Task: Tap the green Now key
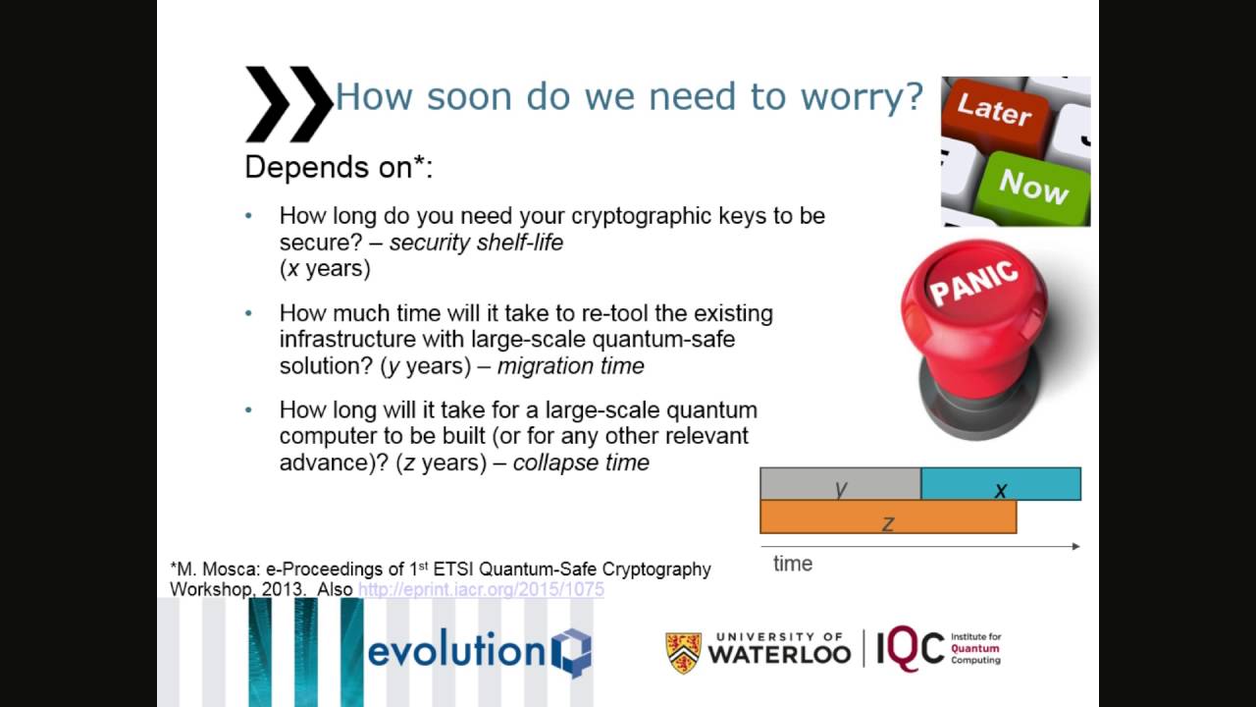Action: coord(1032,184)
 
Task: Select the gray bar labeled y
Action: coord(840,485)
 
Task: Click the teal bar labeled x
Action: coord(1001,485)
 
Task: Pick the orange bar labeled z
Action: coord(888,517)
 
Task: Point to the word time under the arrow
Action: coord(793,564)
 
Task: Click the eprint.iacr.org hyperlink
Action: coord(481,589)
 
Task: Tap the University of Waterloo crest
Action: coord(684,652)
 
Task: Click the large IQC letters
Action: coord(910,650)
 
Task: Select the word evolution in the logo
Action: coord(455,651)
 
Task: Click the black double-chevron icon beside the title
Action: coord(288,103)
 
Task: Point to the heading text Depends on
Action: coord(338,168)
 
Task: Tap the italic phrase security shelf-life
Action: coord(476,243)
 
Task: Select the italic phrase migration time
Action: coord(570,366)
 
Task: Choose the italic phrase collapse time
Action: coord(581,462)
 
